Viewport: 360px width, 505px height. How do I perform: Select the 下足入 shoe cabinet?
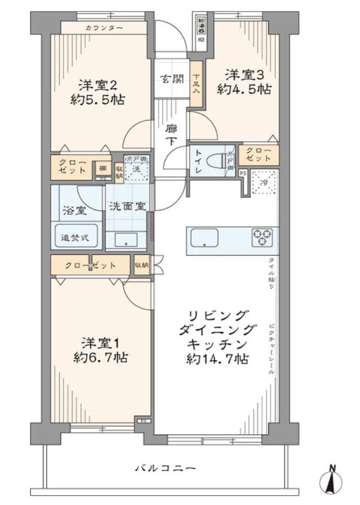point(196,83)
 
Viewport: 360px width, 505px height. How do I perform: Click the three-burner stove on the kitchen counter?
point(262,237)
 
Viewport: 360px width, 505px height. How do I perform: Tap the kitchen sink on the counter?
point(204,237)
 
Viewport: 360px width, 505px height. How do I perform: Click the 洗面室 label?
point(127,207)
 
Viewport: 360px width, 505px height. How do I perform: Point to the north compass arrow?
point(331,481)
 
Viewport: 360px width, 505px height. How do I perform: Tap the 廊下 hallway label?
point(171,134)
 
